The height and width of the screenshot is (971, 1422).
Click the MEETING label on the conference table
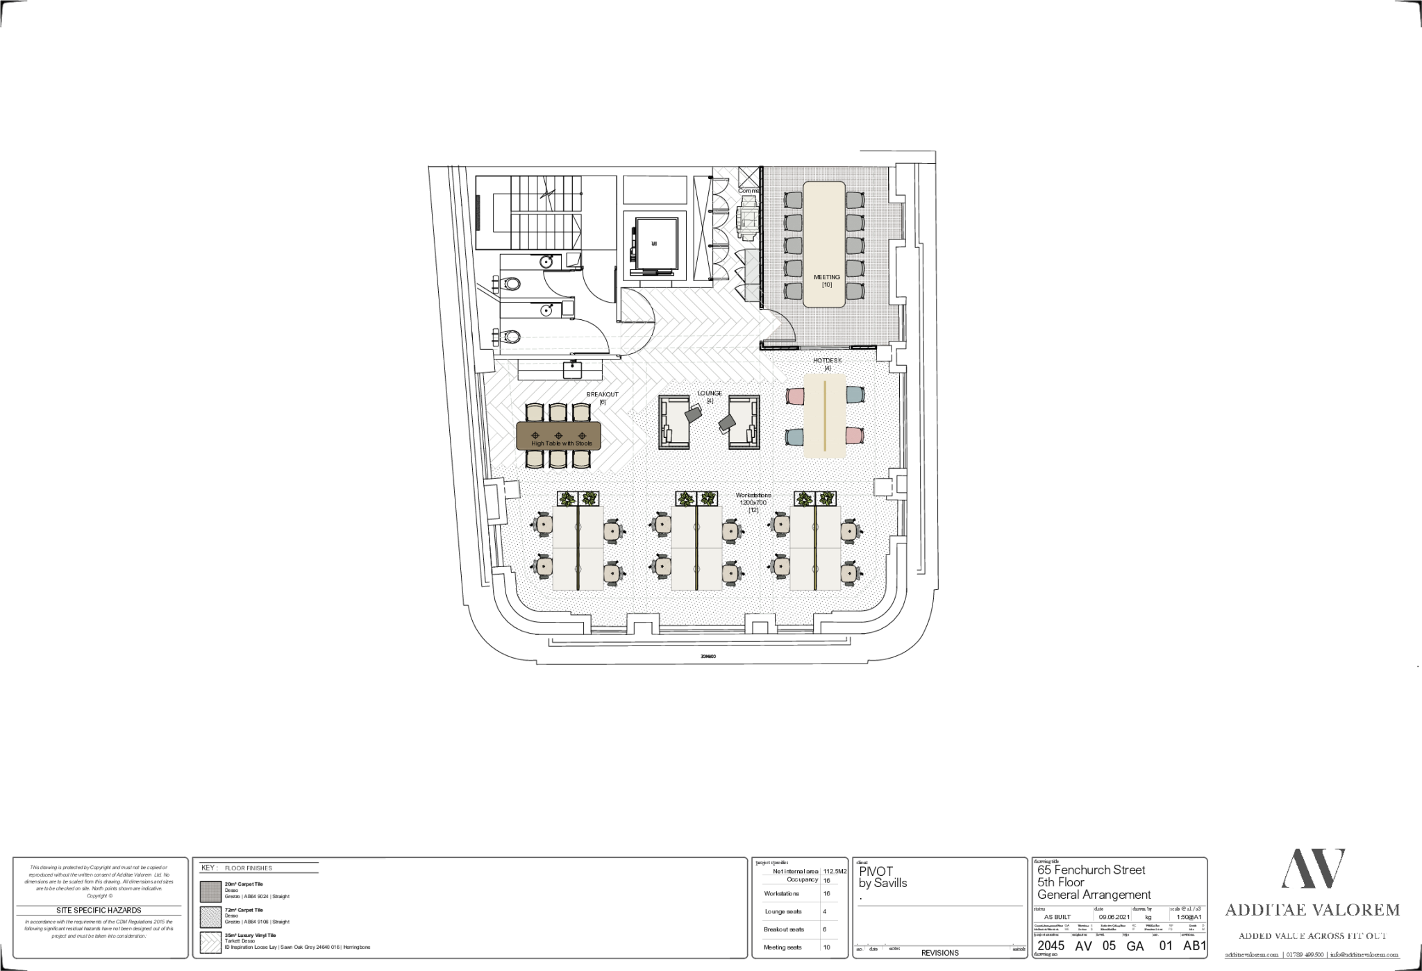point(826,277)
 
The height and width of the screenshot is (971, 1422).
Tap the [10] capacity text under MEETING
point(826,285)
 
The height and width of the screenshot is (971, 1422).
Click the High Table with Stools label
point(561,443)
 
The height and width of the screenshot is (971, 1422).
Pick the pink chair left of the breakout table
point(795,396)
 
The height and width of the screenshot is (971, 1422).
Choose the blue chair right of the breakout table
point(855,396)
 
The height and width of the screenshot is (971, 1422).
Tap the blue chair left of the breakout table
point(795,437)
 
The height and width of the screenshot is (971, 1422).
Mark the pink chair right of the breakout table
point(855,436)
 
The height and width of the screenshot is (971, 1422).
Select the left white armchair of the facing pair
point(673,423)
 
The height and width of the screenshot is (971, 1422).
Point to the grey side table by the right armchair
point(727,421)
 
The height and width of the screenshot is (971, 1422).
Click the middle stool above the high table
point(558,413)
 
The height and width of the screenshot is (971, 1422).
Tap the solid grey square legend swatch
point(210,892)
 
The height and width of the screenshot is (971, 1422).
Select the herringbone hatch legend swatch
point(210,943)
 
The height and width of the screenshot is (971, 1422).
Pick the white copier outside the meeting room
point(749,218)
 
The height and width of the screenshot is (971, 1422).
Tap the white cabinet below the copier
point(752,276)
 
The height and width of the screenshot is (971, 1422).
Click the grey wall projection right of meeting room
point(896,219)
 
